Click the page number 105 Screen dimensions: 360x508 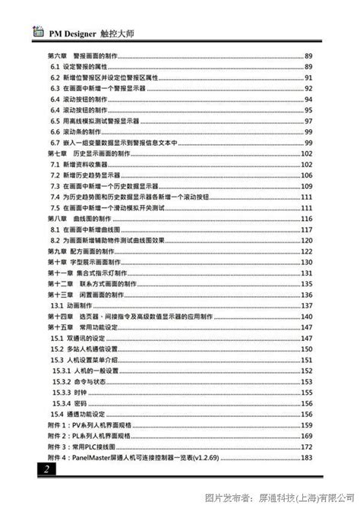[x=307, y=174]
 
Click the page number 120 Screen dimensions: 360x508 [x=307, y=238]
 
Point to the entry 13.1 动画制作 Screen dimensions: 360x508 [x=71, y=304]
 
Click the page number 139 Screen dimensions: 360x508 [x=307, y=314]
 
